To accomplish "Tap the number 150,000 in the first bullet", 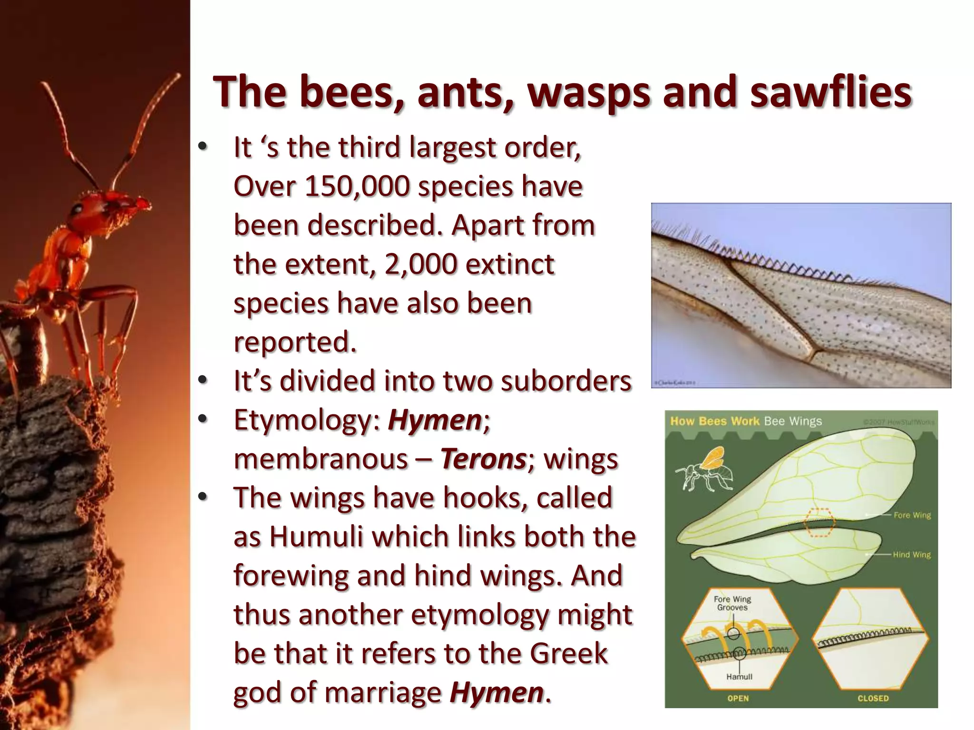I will [x=357, y=186].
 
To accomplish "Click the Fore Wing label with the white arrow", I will [x=912, y=515].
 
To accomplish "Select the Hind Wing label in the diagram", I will [x=911, y=555].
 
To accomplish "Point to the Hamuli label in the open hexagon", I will [x=739, y=677].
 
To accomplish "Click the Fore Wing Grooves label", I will [x=732, y=603].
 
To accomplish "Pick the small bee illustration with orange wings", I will [x=704, y=471].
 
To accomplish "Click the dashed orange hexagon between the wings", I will [x=819, y=522].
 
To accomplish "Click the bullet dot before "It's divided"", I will [x=203, y=381].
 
